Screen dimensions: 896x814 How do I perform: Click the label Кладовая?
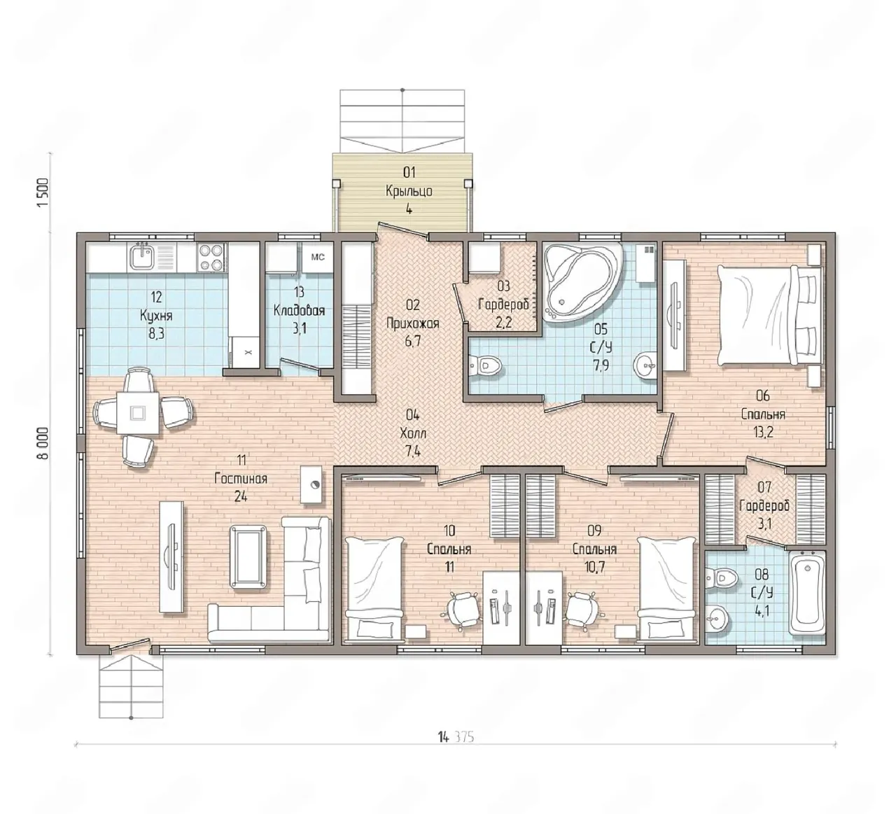pos(299,310)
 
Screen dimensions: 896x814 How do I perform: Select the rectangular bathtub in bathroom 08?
pos(806,593)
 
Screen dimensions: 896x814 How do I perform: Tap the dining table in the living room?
pos(138,412)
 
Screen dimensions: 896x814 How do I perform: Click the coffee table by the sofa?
pos(248,556)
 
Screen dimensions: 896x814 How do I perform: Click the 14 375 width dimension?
pos(456,737)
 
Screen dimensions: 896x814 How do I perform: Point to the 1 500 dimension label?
pos(43,192)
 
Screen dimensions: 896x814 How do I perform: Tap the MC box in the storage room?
pos(318,258)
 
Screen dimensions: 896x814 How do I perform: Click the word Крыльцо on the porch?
pos(409,191)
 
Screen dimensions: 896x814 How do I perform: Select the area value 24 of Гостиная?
pos(241,496)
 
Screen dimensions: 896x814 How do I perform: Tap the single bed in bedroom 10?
pos(374,590)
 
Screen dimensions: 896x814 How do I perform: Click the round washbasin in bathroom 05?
pos(645,365)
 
